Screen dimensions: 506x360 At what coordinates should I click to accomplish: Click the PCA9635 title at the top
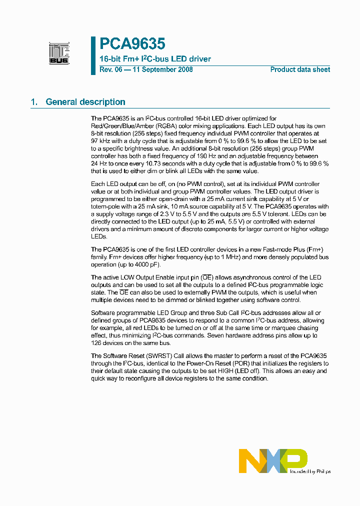[x=132, y=44]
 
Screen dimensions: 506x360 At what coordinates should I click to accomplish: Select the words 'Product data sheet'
[x=300, y=69]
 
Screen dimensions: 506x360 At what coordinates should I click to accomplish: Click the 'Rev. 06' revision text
[x=110, y=69]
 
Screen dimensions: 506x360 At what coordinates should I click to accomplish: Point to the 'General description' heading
[x=85, y=102]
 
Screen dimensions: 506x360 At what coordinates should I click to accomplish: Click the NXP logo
[x=273, y=460]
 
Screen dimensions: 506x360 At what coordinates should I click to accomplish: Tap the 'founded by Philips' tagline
[x=310, y=471]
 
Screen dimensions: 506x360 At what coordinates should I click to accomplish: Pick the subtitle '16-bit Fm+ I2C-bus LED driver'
[x=155, y=59]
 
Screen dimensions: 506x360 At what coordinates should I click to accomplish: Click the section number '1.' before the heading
[x=34, y=102]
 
